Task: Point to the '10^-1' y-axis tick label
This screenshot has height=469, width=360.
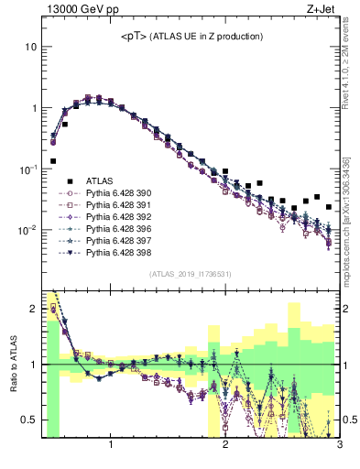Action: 27,169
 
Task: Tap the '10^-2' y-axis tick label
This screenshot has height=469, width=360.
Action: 27,230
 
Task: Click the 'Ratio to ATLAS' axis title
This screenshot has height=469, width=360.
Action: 13,364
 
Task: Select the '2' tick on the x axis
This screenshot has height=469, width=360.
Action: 225,445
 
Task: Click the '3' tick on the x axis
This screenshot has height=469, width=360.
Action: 339,445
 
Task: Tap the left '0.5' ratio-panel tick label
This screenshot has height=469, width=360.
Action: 28,420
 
